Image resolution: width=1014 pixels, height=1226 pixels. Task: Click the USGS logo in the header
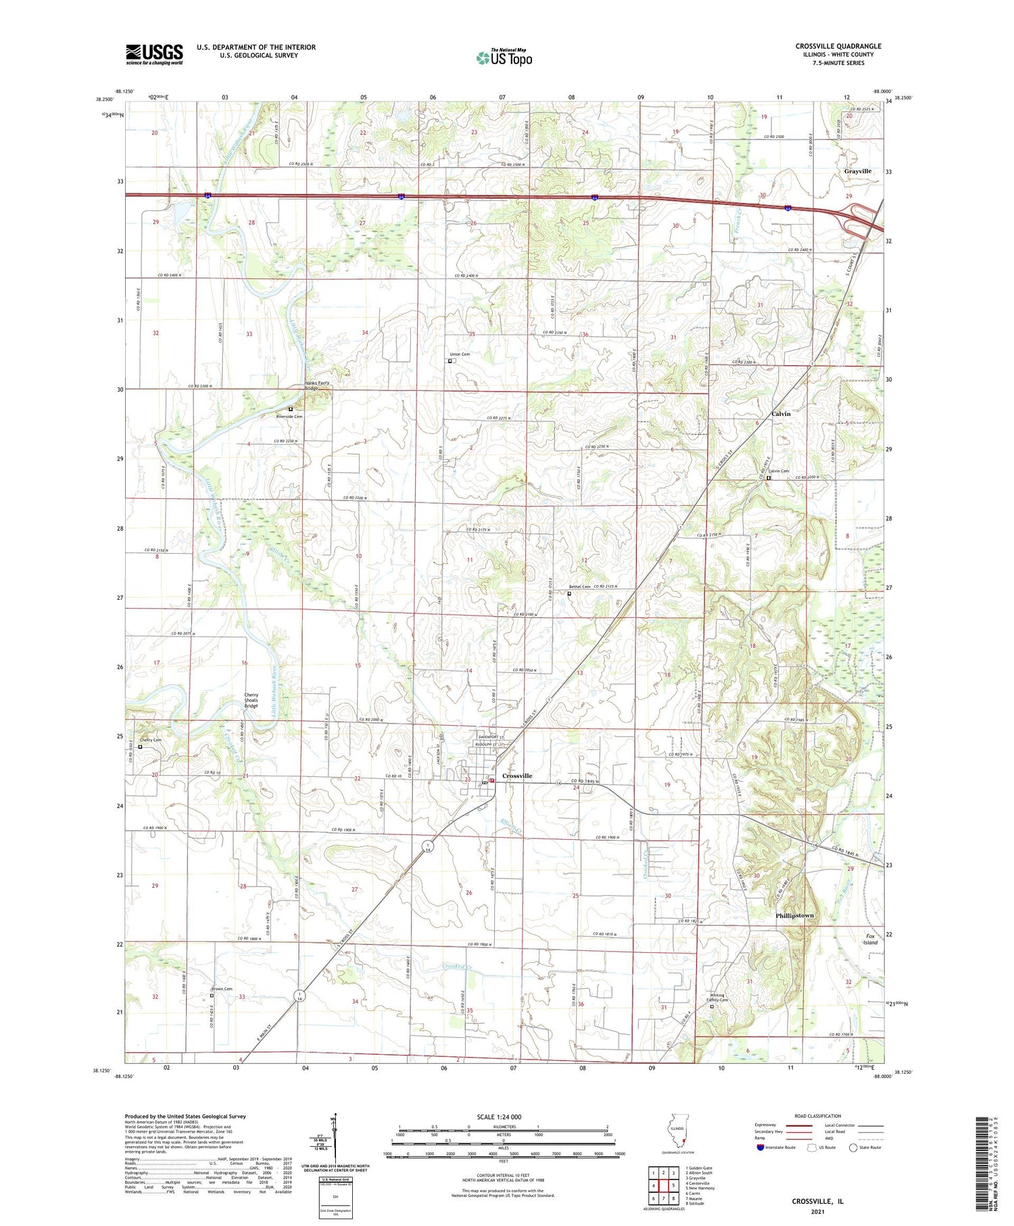154,54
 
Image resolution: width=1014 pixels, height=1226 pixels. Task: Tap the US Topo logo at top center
504,57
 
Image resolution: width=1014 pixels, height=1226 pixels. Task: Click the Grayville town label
857,171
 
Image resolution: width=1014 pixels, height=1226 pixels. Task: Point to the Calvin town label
781,413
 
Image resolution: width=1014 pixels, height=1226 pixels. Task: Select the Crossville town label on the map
517,776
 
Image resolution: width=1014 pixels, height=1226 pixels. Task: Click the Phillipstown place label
794,915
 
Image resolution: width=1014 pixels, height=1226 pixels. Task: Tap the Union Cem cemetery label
460,354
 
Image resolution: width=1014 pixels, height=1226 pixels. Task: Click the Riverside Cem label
289,417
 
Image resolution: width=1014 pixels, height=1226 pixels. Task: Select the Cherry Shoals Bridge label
251,700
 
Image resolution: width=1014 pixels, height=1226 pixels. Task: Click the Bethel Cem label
579,586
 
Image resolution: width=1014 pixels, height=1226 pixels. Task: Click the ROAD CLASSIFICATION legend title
818,1116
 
